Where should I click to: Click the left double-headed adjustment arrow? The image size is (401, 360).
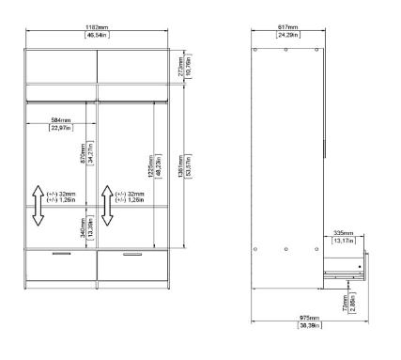click(x=37, y=206)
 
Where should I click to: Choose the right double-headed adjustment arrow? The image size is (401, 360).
click(x=107, y=206)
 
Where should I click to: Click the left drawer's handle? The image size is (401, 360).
click(x=61, y=254)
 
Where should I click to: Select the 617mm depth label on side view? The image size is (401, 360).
click(x=287, y=28)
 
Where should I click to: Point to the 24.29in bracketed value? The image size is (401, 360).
click(x=287, y=36)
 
